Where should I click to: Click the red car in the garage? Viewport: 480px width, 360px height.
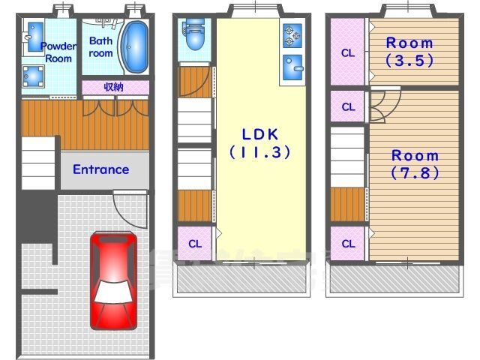click(x=113, y=280)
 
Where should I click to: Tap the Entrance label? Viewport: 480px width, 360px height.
click(x=101, y=169)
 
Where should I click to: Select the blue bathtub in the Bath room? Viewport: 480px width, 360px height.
click(x=134, y=46)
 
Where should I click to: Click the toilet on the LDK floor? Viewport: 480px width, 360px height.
click(x=195, y=34)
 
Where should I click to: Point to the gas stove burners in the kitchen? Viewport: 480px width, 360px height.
click(x=292, y=37)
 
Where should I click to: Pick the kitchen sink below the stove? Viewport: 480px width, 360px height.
click(x=292, y=67)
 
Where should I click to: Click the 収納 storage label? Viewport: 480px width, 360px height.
click(x=113, y=87)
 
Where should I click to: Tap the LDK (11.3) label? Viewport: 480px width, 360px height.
click(x=260, y=143)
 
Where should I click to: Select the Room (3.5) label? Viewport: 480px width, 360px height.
click(x=409, y=52)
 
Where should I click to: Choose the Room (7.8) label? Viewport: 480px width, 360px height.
click(x=415, y=164)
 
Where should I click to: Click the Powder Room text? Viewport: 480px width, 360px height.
click(x=58, y=52)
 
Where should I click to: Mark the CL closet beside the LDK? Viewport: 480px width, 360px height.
click(x=195, y=244)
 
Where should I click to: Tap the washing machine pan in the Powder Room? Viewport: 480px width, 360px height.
click(x=33, y=76)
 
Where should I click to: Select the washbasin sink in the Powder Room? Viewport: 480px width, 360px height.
click(x=35, y=37)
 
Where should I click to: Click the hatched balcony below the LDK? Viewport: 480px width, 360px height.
click(x=241, y=278)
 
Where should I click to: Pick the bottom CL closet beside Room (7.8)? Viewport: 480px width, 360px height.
click(x=348, y=244)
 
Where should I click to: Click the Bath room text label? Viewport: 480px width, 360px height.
click(x=100, y=46)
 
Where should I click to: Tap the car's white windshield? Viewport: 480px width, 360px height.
click(x=113, y=292)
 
